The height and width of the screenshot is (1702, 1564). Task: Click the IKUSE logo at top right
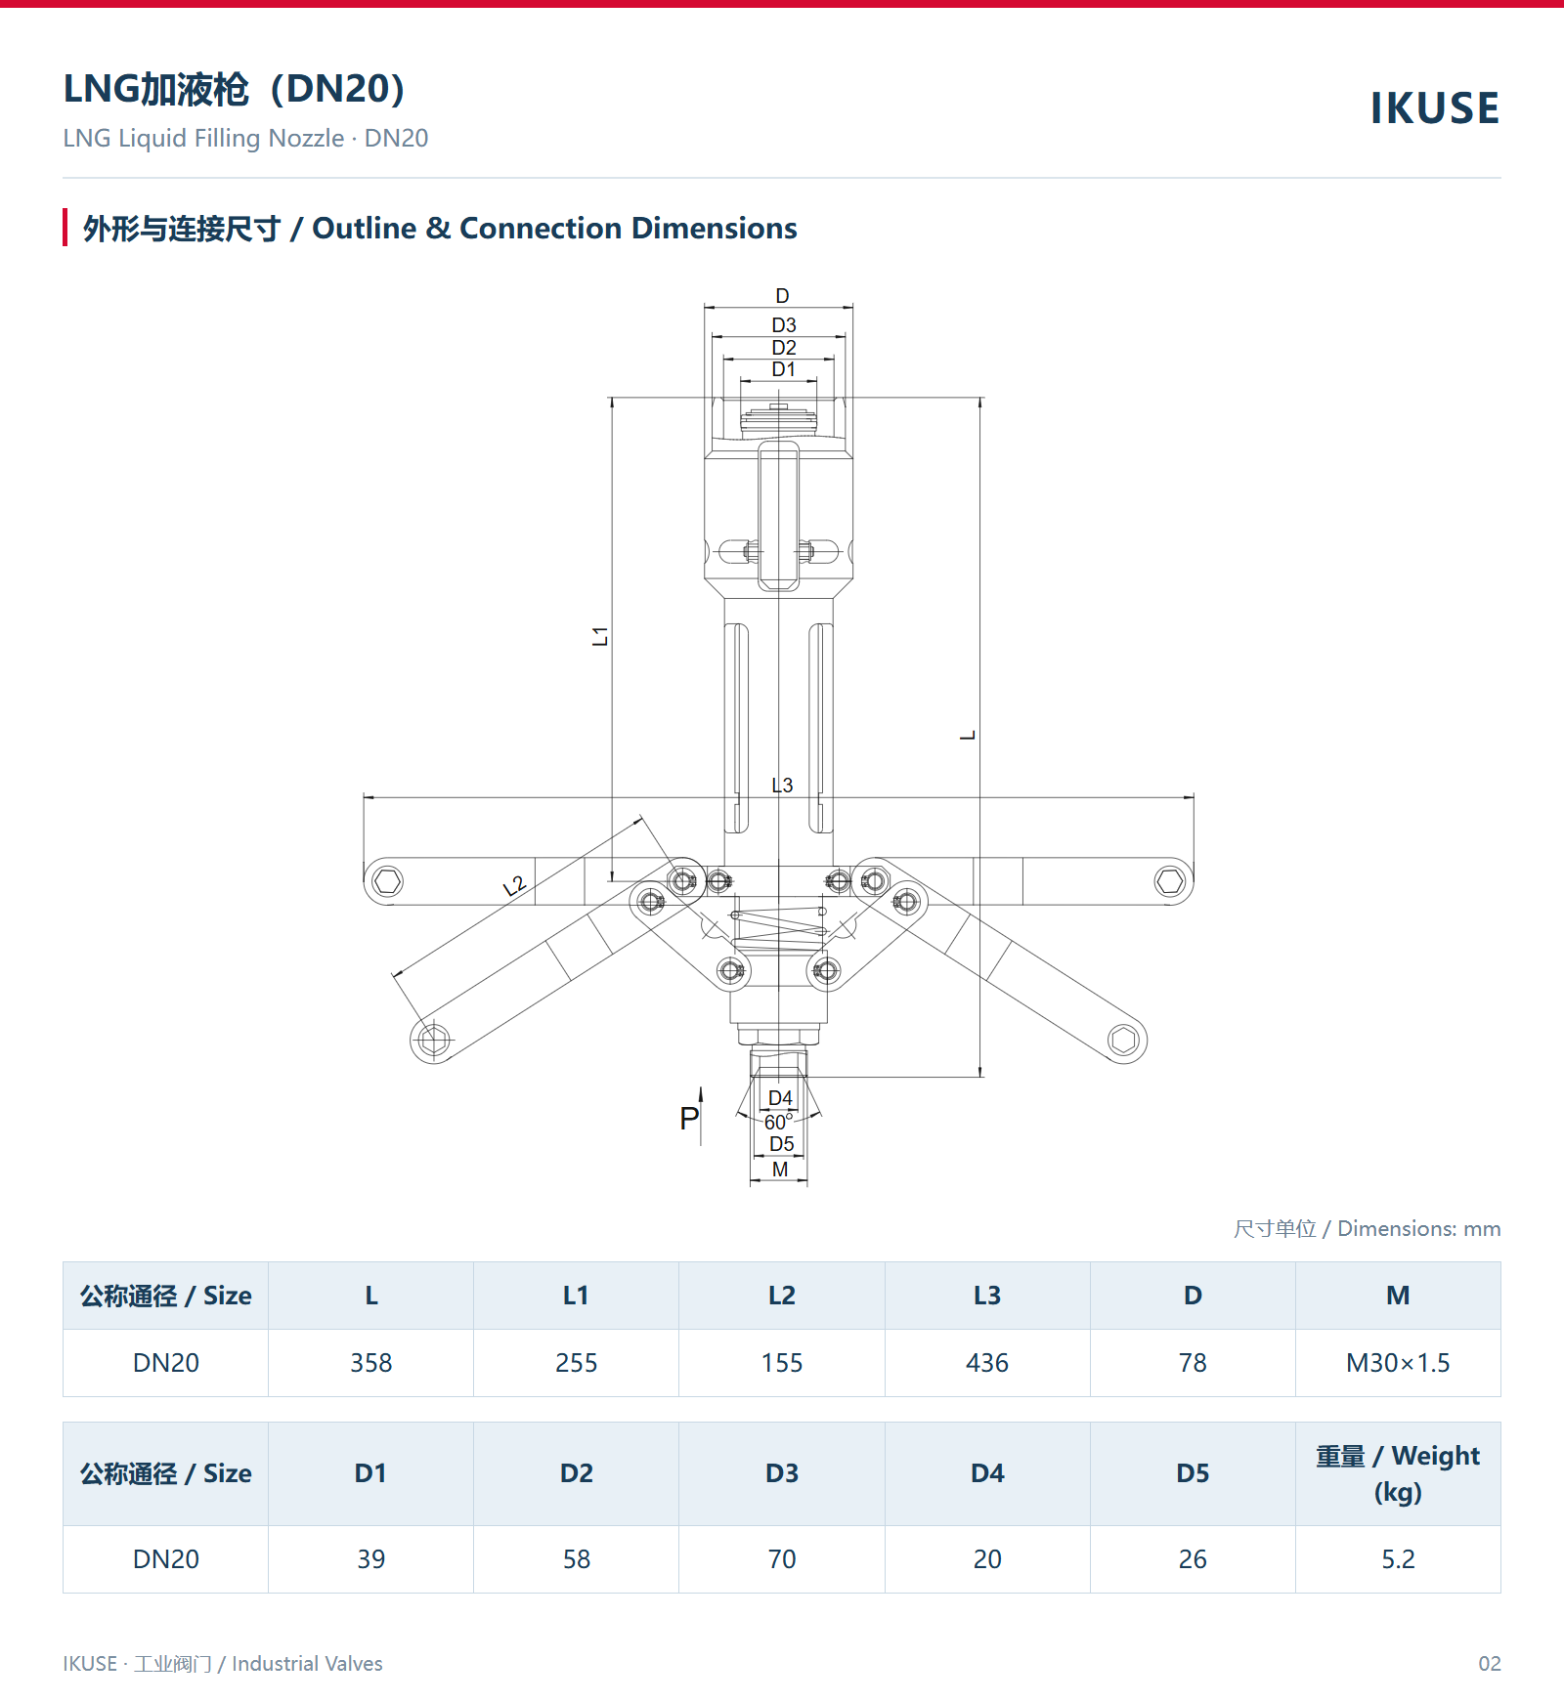1435,108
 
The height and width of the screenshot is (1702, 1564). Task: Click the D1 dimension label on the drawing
783,369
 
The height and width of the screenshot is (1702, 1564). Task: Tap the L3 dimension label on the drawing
782,786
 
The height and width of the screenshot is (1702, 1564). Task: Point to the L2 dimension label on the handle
514,886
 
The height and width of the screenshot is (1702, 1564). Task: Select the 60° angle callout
778,1122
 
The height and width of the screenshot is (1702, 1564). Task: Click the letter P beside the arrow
689,1119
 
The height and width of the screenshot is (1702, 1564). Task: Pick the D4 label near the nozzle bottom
780,1098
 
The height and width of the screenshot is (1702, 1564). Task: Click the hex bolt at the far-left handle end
388,881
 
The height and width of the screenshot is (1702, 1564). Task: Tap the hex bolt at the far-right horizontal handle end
1169,881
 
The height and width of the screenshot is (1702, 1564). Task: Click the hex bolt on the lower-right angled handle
1123,1040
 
